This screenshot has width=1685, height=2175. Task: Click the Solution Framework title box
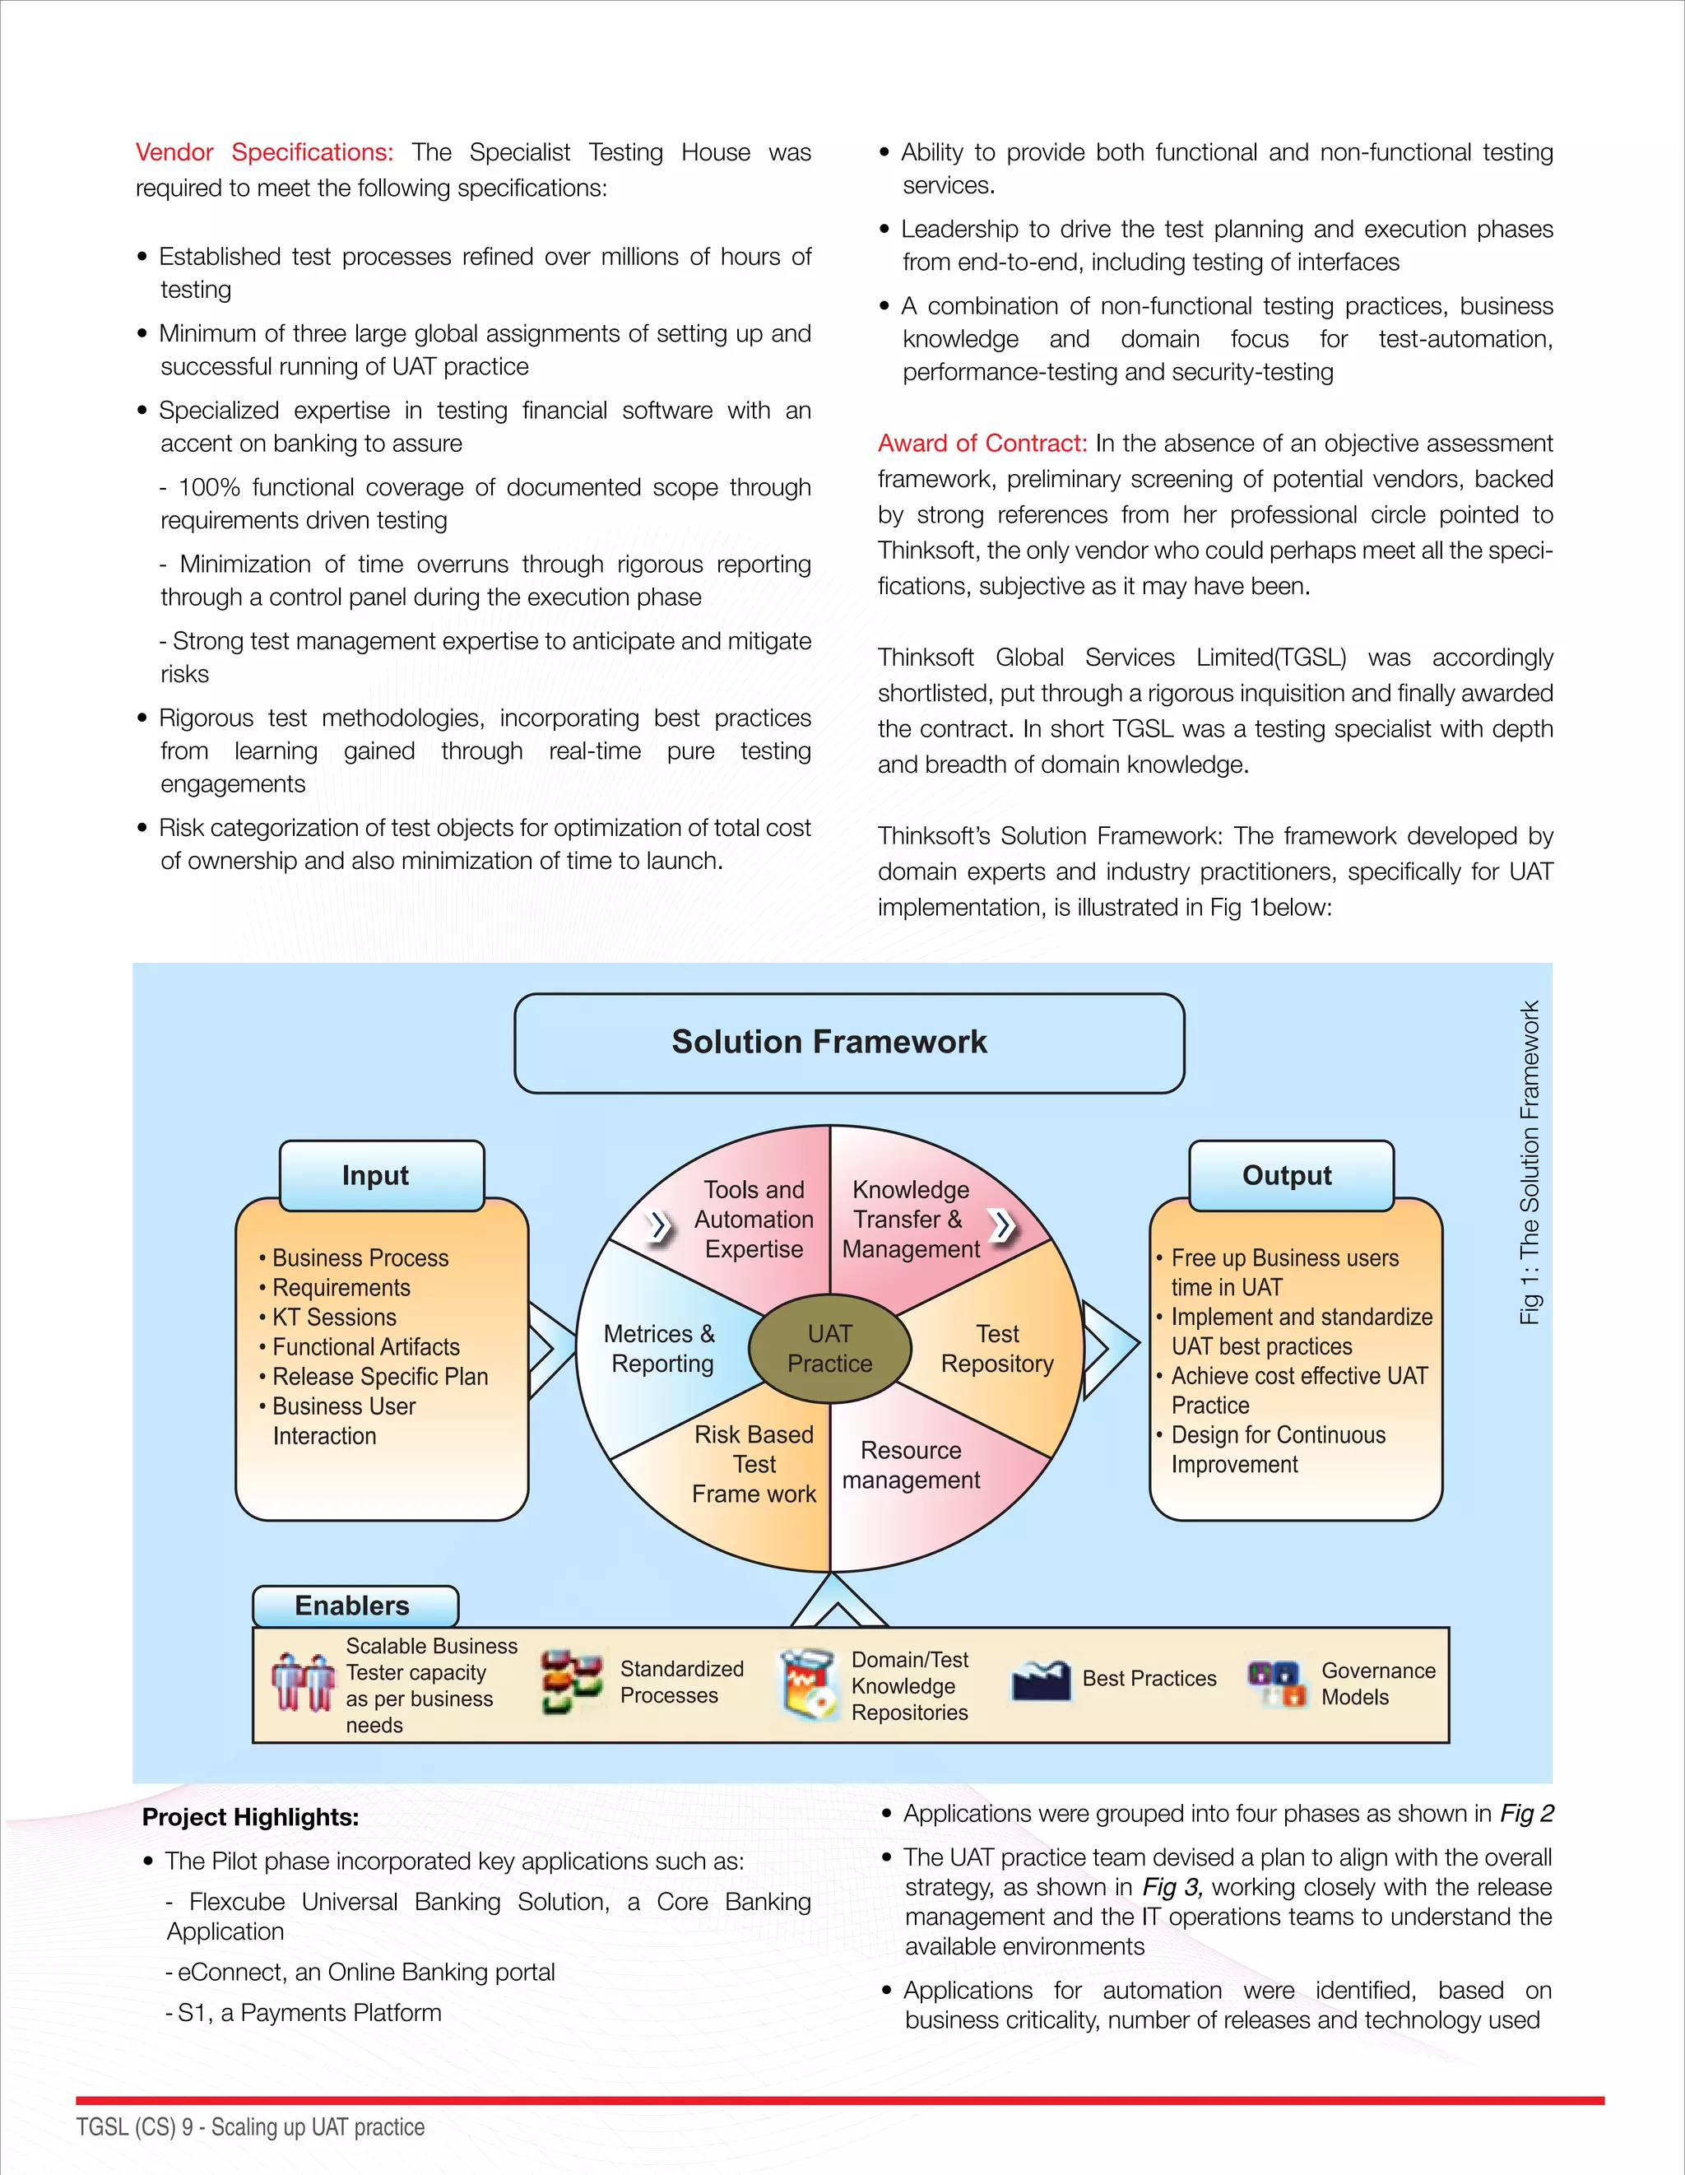(x=848, y=1043)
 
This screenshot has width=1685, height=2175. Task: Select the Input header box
(x=382, y=1175)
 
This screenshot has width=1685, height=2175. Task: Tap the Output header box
(x=1291, y=1175)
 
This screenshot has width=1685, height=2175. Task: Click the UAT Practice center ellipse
(x=829, y=1349)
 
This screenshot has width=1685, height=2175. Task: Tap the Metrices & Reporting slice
(x=662, y=1349)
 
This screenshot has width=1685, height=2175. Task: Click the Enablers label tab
(x=355, y=1606)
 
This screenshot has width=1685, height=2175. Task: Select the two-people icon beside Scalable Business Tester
(x=303, y=1683)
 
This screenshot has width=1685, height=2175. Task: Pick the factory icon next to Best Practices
(x=1041, y=1680)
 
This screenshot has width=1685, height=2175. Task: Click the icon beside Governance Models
(x=1276, y=1682)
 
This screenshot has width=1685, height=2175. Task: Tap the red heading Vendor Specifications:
(x=264, y=152)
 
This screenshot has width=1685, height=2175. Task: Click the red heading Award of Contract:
(x=982, y=444)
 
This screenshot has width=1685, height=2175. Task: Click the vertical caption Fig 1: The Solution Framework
(x=1529, y=1162)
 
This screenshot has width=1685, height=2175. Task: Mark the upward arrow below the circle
(x=838, y=1601)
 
